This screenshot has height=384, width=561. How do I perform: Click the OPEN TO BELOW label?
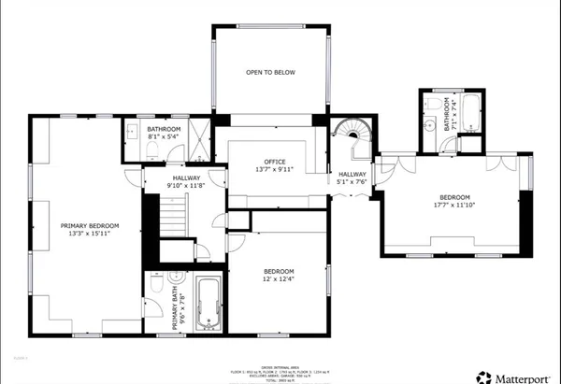[270, 72]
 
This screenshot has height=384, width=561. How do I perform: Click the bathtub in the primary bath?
[209, 304]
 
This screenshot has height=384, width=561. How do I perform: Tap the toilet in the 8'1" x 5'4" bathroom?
[153, 149]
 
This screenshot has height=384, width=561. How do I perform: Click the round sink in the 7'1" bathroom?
[431, 122]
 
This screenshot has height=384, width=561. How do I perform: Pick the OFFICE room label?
[274, 162]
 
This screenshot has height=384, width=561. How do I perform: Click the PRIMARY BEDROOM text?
[91, 225]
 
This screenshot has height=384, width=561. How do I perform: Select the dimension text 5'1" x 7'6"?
[352, 183]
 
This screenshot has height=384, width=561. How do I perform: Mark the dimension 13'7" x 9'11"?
[274, 170]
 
